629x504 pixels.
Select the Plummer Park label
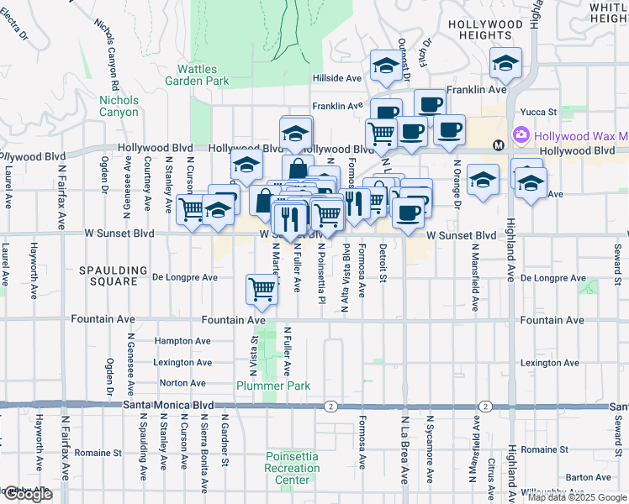[x=273, y=386]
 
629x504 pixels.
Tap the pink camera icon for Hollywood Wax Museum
[x=521, y=134]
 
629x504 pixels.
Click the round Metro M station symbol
[x=499, y=144]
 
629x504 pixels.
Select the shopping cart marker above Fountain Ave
[x=262, y=289]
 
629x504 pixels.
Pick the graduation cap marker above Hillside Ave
[x=385, y=66]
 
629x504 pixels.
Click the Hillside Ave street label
[x=336, y=78]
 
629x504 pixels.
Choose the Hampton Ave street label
[x=182, y=341]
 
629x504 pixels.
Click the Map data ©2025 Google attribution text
[x=576, y=497]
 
